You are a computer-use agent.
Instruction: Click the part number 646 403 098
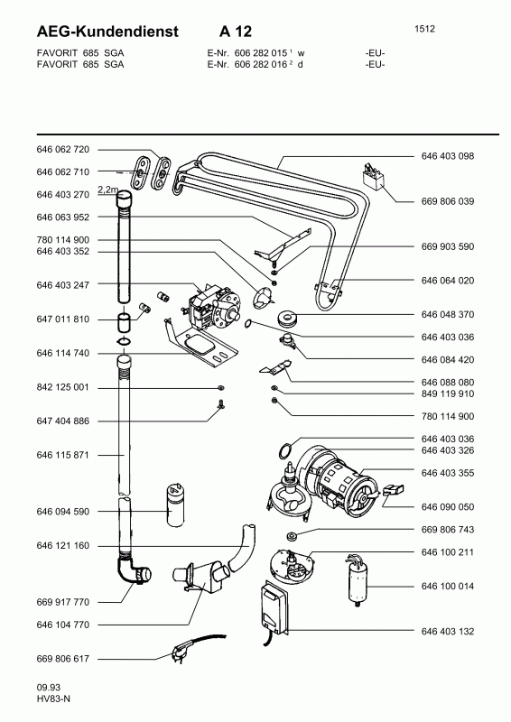pyautogui.click(x=448, y=156)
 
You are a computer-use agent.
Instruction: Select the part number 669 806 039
pyautogui.click(x=448, y=201)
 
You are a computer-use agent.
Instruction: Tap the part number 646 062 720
pyautogui.click(x=62, y=149)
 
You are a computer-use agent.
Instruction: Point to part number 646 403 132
pyautogui.click(x=448, y=631)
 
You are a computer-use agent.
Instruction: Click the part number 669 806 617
pyautogui.click(x=62, y=659)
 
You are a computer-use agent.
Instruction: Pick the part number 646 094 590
pyautogui.click(x=62, y=512)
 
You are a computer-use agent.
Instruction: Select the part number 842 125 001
pyautogui.click(x=62, y=387)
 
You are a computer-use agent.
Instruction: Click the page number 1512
pyautogui.click(x=424, y=29)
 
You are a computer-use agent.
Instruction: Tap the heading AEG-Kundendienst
pyautogui.click(x=107, y=32)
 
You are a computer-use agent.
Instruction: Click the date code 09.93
pyautogui.click(x=49, y=688)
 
